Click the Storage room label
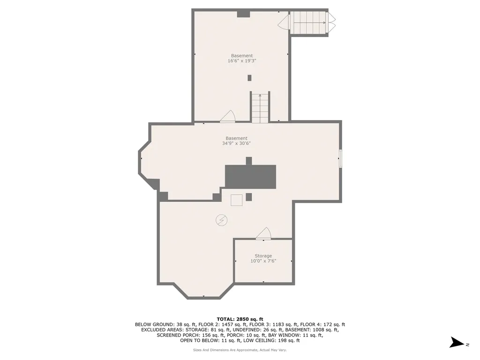[x=263, y=256]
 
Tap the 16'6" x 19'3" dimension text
[x=242, y=61]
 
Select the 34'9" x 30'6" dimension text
[x=236, y=143]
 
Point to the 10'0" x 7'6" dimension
[x=263, y=261]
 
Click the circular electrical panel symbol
[x=221, y=220]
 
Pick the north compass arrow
[x=457, y=343]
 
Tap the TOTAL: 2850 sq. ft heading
[x=240, y=319]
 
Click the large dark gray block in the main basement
[x=250, y=177]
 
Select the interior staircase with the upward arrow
[x=260, y=107]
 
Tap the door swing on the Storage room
[x=263, y=233]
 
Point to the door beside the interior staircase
[x=227, y=116]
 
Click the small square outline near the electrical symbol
[x=236, y=200]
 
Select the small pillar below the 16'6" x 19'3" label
[x=249, y=78]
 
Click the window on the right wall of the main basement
[x=340, y=158]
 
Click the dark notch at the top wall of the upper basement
[x=244, y=14]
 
